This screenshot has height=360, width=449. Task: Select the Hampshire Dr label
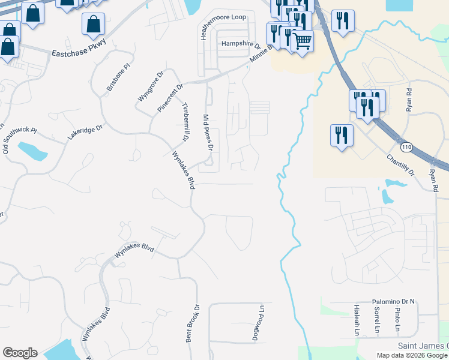pyautogui.click(x=241, y=44)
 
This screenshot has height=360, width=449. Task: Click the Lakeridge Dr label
pyautogui.click(x=85, y=132)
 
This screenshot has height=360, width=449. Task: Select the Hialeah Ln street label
pyautogui.click(x=357, y=320)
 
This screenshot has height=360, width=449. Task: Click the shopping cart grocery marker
pyautogui.click(x=302, y=41)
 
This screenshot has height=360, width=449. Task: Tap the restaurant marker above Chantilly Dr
pyautogui.click(x=342, y=134)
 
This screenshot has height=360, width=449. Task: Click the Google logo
pyautogui.click(x=20, y=353)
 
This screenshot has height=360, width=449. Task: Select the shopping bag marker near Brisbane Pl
pyautogui.click(x=94, y=25)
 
